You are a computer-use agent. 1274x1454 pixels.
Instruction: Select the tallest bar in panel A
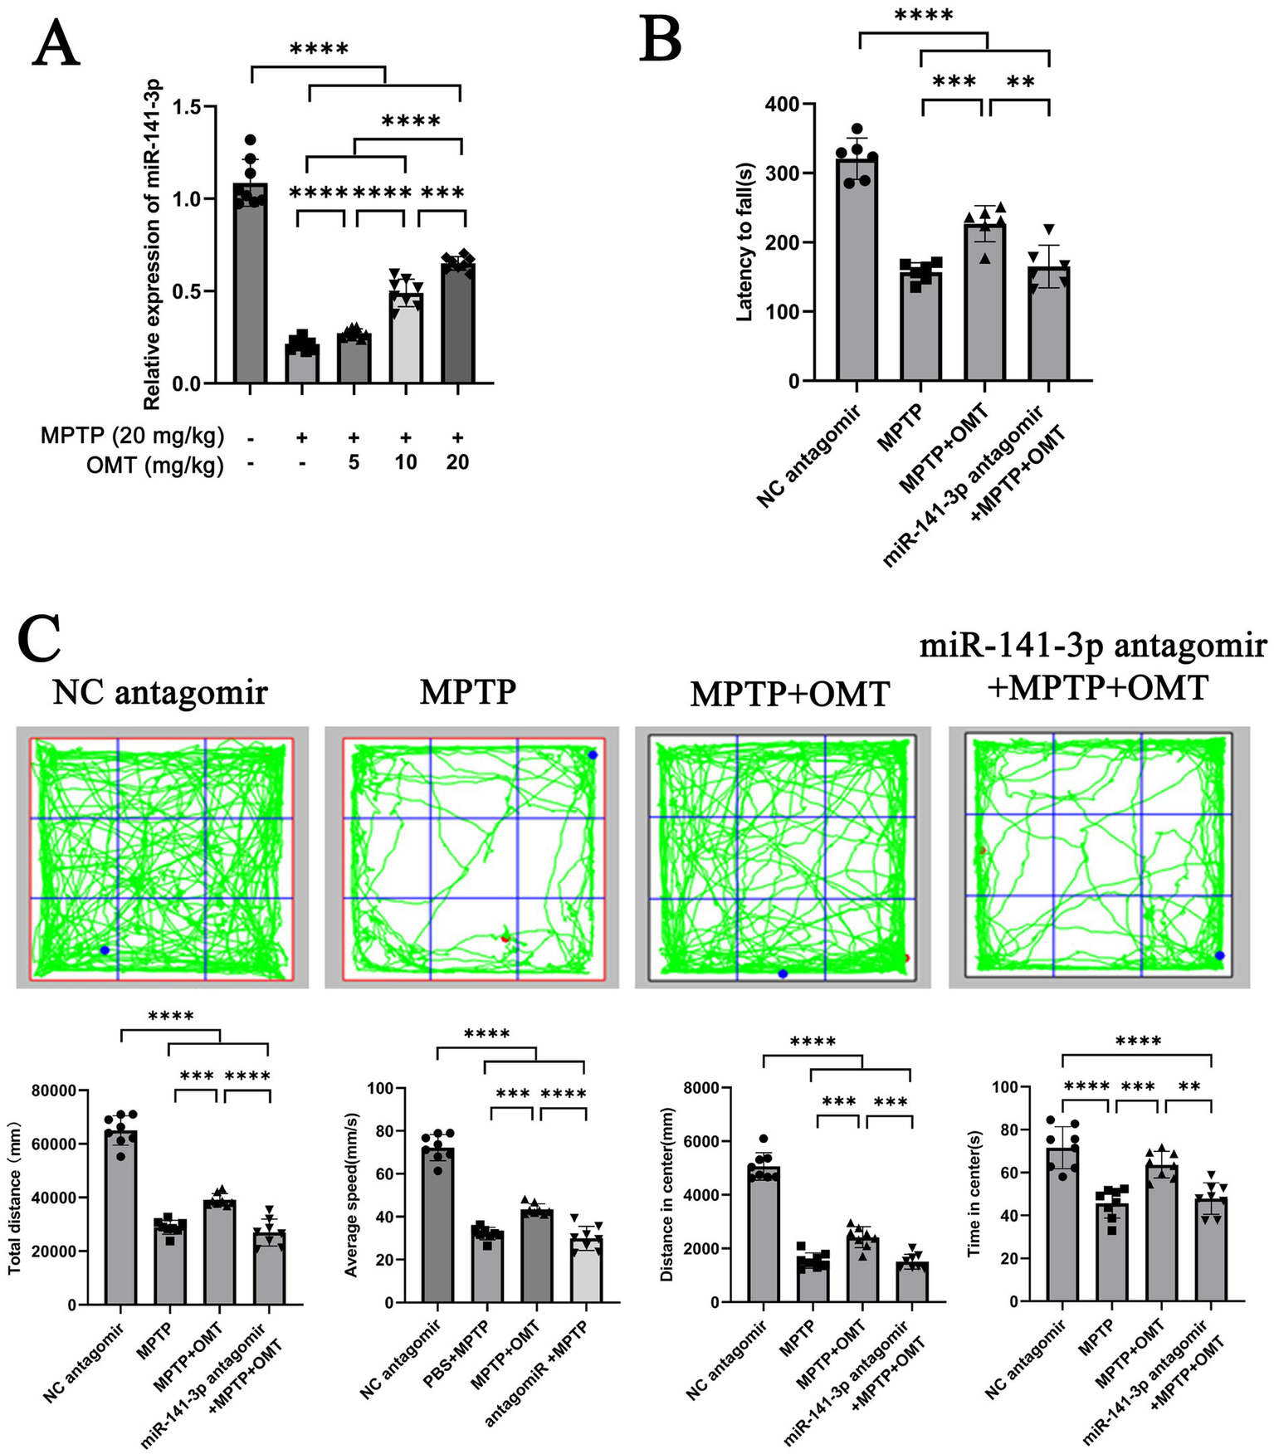pos(250,282)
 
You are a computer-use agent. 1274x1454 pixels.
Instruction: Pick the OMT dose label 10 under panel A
pos(405,463)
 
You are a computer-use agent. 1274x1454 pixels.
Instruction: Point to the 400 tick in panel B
pos(783,105)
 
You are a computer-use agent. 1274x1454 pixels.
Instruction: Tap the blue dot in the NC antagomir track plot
pos(104,949)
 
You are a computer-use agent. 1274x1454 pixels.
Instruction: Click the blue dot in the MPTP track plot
pos(592,754)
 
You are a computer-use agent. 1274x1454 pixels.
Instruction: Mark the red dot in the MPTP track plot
pos(504,939)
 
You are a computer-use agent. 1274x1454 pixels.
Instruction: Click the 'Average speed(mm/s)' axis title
pos(351,1196)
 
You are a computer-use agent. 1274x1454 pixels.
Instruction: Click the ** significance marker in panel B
pos(1020,81)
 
